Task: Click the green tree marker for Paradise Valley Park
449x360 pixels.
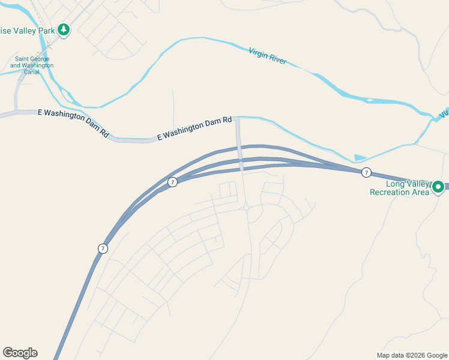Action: [64, 30]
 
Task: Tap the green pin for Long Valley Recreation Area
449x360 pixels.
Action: [438, 187]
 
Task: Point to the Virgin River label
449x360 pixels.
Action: [267, 56]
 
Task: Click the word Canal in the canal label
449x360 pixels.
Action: [32, 72]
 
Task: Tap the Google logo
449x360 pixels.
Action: [20, 353]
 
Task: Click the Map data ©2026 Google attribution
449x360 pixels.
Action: [411, 355]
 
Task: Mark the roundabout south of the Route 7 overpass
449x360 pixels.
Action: [246, 208]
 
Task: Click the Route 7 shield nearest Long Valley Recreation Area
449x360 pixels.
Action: [366, 173]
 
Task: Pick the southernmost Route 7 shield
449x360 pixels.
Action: [103, 248]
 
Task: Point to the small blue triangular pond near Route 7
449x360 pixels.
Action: [360, 158]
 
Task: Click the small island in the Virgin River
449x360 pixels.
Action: [370, 100]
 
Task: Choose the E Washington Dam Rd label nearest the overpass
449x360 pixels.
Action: [194, 128]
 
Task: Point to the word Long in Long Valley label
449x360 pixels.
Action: [396, 184]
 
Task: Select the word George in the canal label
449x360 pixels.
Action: [43, 59]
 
